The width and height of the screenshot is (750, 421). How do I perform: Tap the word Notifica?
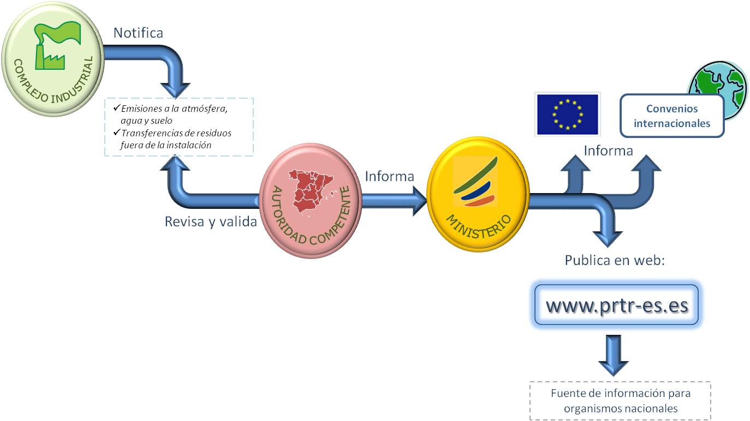pos(138,33)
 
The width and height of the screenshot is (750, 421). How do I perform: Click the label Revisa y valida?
pos(211,222)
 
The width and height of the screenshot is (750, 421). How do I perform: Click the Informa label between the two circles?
pos(389,176)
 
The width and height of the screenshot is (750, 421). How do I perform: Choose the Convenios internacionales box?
pos(672,116)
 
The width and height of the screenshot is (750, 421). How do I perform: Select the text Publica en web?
pos(615,260)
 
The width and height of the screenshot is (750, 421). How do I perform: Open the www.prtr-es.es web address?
pos(617,306)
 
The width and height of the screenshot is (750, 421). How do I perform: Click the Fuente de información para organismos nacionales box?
pos(621,401)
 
